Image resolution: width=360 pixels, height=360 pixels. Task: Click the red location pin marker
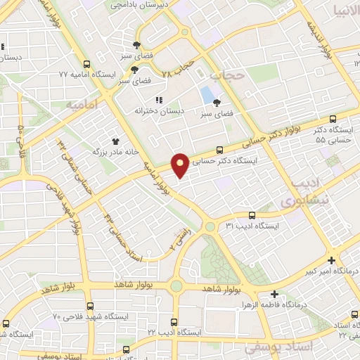click(180, 164)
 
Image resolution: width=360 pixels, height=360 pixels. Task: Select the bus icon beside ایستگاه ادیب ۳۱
click(252, 215)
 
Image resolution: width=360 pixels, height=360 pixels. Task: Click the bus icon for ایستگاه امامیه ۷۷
click(86, 63)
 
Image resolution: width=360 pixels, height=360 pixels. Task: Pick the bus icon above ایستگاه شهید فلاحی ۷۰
click(91, 306)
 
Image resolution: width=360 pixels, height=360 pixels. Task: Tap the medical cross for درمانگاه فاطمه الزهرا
click(274, 294)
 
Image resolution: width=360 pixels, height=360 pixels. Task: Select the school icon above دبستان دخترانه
click(159, 100)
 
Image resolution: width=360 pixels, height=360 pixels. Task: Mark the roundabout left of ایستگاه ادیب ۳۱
click(210, 226)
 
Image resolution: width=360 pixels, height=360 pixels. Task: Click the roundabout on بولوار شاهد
click(175, 286)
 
